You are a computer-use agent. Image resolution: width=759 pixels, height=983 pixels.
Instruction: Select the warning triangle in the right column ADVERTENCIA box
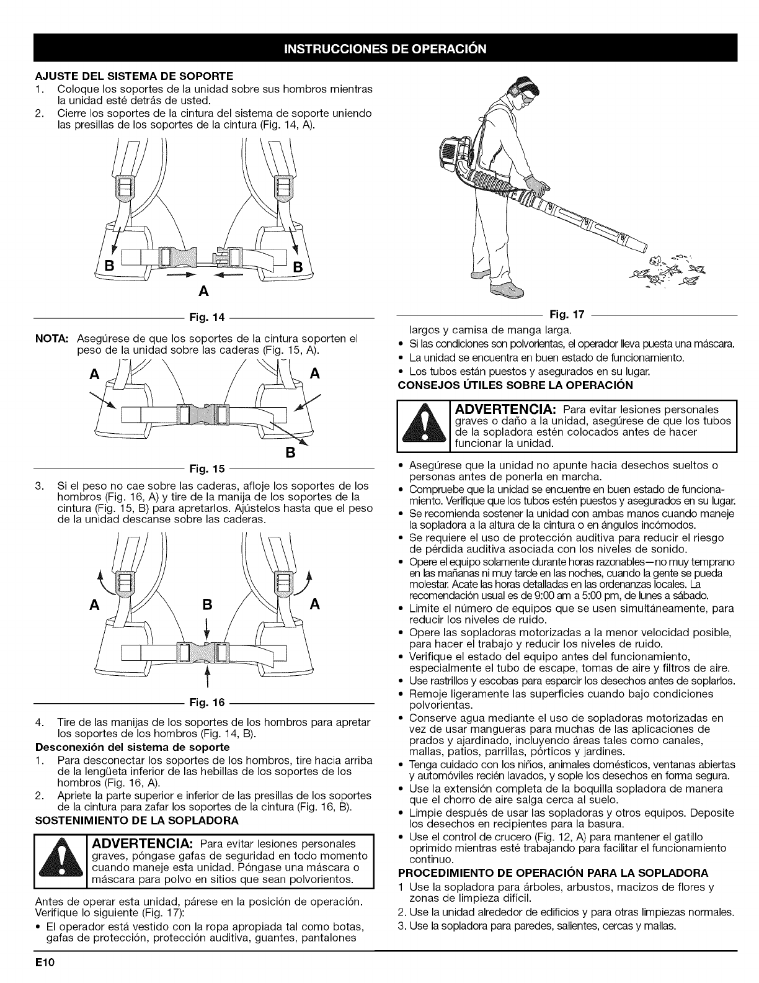[x=422, y=427]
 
